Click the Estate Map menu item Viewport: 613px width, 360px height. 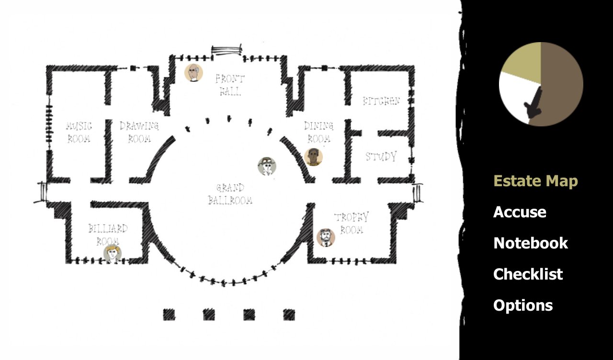coord(535,181)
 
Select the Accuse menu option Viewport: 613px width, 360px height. coord(520,212)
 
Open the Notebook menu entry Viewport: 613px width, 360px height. coord(531,243)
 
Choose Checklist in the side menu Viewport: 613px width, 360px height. coord(528,274)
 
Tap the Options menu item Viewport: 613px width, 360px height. coord(523,305)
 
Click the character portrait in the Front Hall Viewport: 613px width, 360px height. coord(193,73)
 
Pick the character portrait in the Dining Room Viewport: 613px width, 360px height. coord(313,157)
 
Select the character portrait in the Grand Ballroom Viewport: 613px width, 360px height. coord(267,166)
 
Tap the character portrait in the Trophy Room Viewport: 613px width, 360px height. coord(326,237)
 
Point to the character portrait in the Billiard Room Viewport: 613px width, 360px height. coord(113,254)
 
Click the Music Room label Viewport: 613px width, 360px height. coord(79,133)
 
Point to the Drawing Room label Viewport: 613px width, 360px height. coord(139,132)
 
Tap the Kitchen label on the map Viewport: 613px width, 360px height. coord(381,101)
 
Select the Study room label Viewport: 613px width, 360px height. coord(381,157)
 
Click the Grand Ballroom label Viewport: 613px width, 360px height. coord(230,194)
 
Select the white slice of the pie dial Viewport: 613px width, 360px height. coord(515,96)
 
